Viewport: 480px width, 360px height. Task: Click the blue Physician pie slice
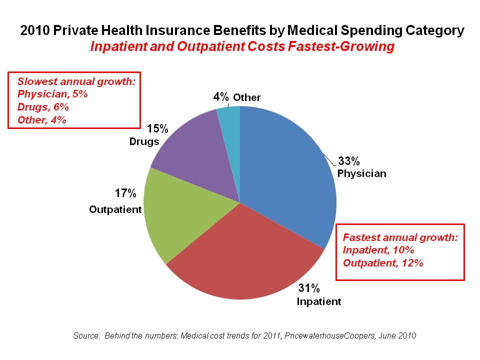coord(290,170)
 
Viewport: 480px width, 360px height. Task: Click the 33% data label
coord(349,161)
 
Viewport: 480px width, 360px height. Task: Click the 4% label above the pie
coord(221,96)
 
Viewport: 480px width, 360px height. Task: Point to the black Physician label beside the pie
coord(361,174)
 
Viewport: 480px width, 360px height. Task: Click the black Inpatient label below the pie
coord(319,301)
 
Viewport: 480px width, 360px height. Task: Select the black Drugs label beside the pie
coord(144,141)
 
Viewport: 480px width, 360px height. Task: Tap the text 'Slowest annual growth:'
coord(76,81)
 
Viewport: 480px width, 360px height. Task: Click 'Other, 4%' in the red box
coord(42,119)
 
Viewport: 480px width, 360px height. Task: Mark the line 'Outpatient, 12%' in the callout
coord(383,262)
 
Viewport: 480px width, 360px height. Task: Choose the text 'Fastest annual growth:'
coord(400,237)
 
